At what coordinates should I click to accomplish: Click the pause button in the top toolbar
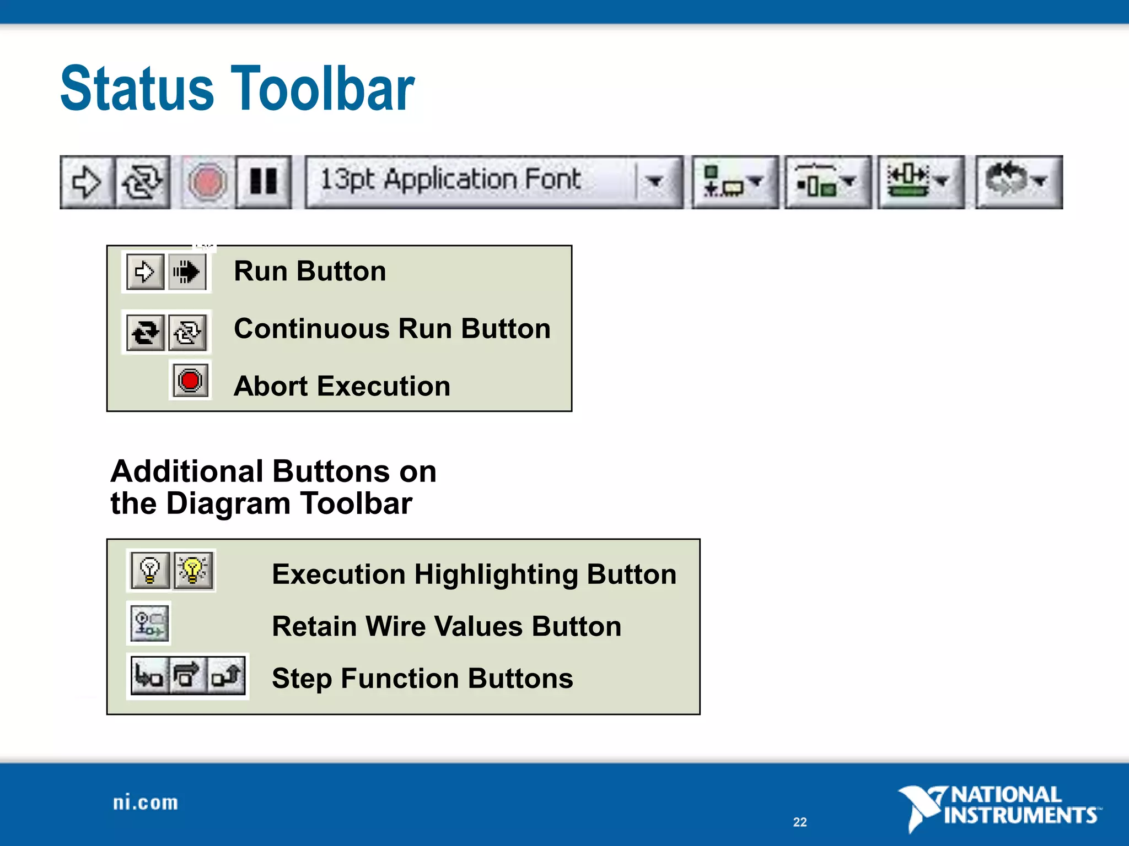click(264, 181)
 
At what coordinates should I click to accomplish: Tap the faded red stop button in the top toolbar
click(206, 182)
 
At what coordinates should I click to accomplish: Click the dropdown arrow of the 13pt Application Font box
click(655, 181)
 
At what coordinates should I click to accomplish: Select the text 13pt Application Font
click(450, 180)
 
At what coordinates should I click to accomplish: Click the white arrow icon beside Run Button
click(145, 272)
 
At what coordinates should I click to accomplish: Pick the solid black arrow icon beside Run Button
click(187, 272)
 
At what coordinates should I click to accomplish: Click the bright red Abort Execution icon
click(190, 381)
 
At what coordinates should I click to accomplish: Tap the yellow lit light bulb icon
click(193, 571)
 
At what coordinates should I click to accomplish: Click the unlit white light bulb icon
click(150, 571)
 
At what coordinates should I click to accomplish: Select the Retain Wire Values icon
click(149, 623)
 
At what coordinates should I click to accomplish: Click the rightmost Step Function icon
click(227, 676)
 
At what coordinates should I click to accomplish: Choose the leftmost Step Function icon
click(148, 676)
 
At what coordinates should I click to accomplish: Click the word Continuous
click(311, 329)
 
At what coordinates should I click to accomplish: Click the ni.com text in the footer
click(146, 802)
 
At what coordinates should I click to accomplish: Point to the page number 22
click(800, 822)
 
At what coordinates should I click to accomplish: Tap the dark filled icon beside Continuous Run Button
click(146, 333)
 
